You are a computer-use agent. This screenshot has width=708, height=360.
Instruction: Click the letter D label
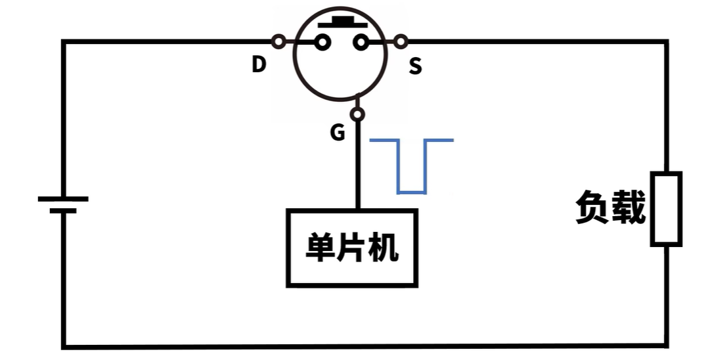coord(259,64)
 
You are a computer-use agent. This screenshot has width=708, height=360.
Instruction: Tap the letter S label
coord(415,66)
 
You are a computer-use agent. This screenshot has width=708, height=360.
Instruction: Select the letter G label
coord(337,133)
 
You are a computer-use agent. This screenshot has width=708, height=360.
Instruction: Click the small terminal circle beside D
coord(278,42)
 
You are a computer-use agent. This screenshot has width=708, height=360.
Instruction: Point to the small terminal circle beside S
coord(401,43)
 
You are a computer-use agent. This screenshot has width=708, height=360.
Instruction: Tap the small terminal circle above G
coord(357,115)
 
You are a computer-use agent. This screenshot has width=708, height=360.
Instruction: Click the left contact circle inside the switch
coord(322,43)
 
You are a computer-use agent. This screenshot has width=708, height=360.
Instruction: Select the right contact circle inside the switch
coord(360,43)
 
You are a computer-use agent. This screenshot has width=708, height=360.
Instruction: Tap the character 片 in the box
coord(353,248)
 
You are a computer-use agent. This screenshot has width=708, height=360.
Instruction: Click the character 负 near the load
coord(593,208)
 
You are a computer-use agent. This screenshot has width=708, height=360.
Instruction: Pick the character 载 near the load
coord(629,208)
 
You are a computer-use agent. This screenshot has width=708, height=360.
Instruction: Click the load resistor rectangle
coord(666,209)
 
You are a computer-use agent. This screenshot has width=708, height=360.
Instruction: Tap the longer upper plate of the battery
coord(62,198)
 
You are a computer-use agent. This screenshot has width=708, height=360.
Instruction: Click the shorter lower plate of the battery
coord(62,211)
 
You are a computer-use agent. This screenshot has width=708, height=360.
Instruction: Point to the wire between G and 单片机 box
coord(358,164)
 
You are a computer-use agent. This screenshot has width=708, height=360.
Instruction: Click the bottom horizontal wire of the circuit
coord(361,346)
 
